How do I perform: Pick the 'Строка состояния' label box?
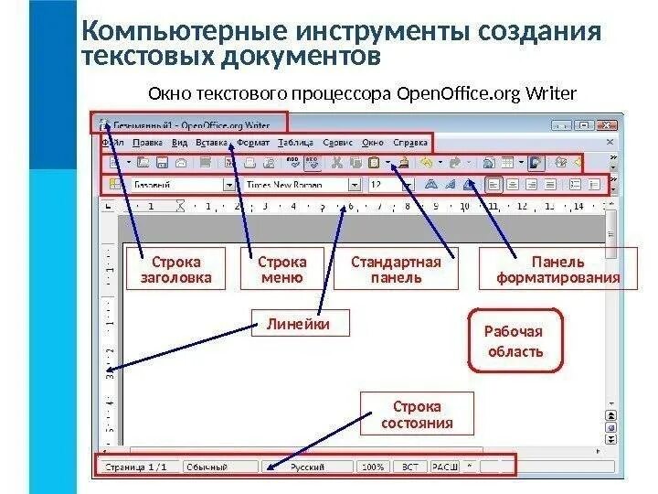point(417,414)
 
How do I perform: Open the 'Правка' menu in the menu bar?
point(147,143)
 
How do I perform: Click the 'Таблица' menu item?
point(294,143)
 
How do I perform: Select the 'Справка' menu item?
point(409,143)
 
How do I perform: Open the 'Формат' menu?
point(252,143)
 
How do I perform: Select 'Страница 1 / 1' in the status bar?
point(136,466)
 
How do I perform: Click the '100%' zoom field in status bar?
point(373,466)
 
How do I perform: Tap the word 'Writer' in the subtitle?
point(551,93)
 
